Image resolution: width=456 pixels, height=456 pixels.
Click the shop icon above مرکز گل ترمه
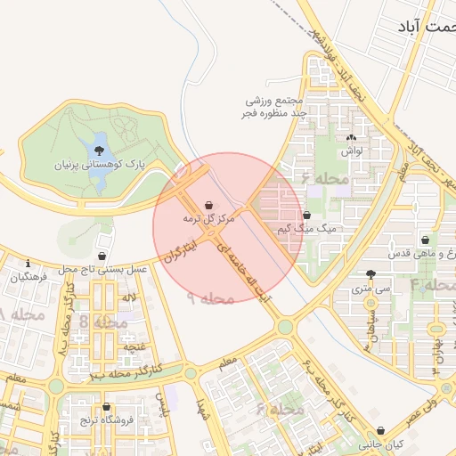click(x=208, y=205)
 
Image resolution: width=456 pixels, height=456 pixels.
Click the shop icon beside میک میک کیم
click(x=306, y=216)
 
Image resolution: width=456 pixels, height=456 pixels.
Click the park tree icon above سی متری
click(x=370, y=274)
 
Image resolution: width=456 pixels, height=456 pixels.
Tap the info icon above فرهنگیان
click(x=29, y=264)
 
